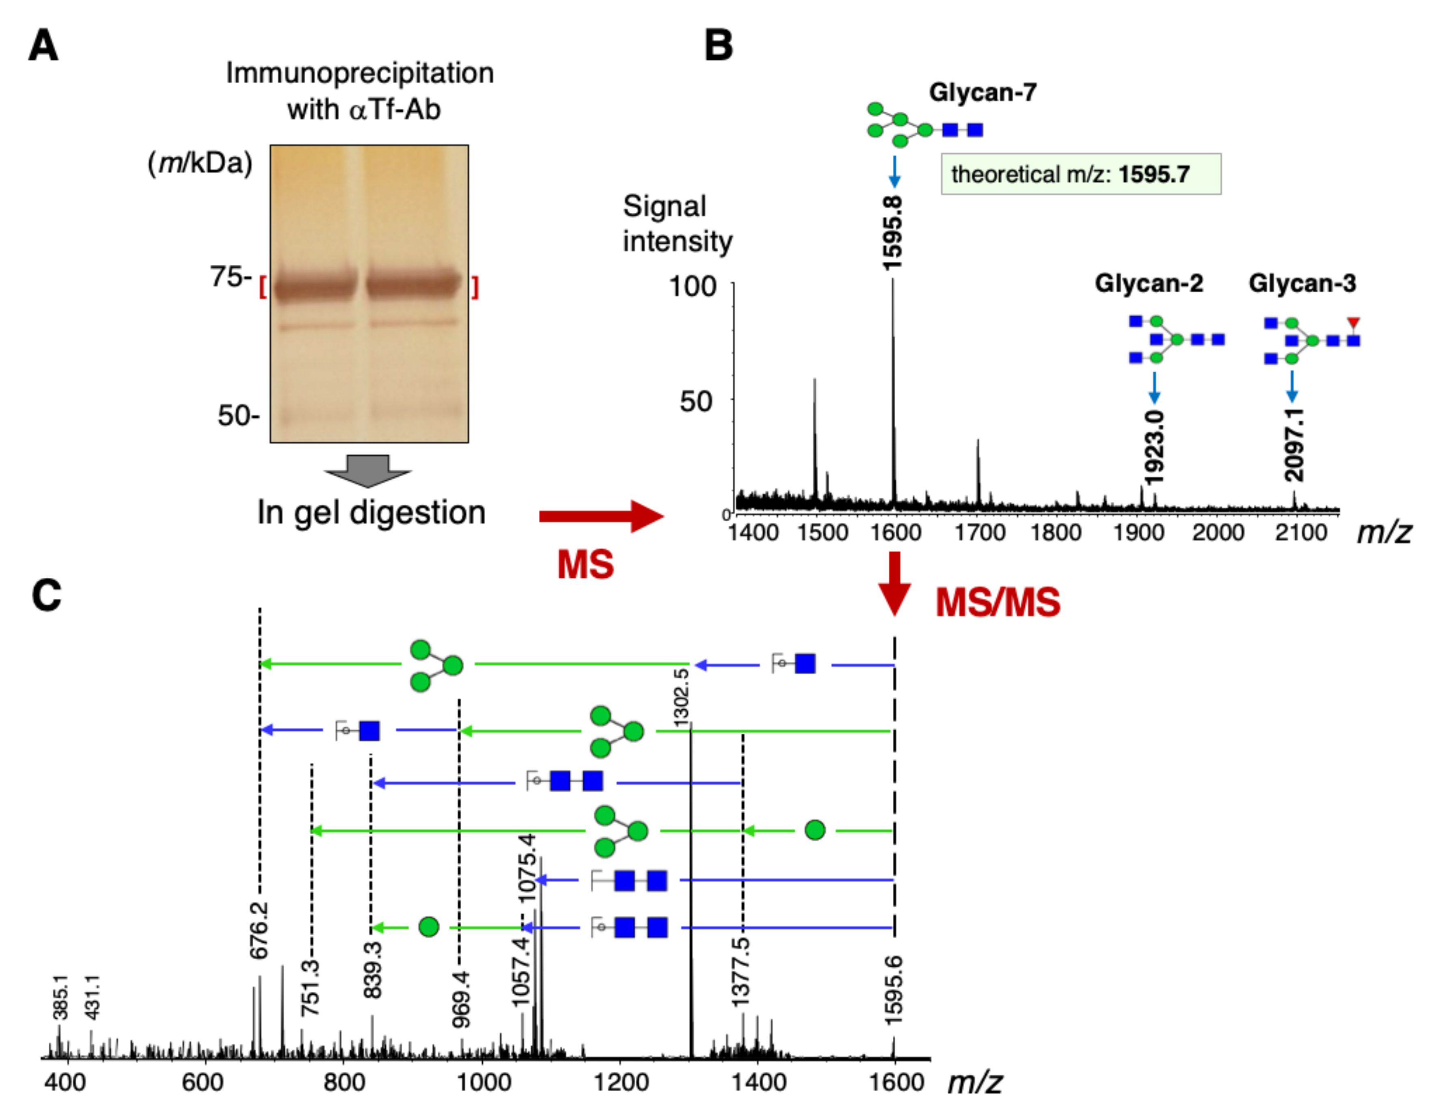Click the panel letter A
click(43, 46)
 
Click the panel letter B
click(718, 46)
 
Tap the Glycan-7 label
click(982, 92)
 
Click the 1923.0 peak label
click(1153, 448)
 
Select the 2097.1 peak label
click(1294, 445)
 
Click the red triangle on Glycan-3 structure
click(1353, 323)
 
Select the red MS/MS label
click(998, 602)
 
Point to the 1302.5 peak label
click(682, 697)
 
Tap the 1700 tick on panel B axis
click(979, 532)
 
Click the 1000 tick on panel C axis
click(483, 1082)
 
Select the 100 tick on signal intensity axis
click(692, 286)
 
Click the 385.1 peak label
click(60, 996)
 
